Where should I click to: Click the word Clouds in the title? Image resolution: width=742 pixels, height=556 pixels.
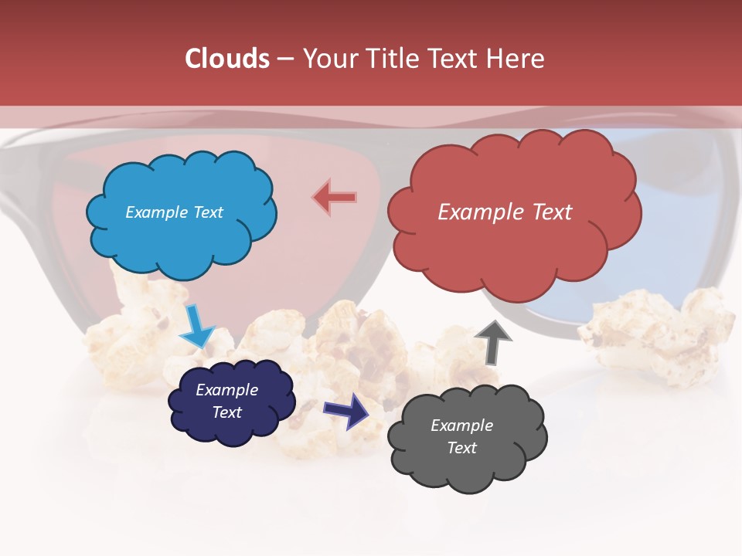tap(227, 59)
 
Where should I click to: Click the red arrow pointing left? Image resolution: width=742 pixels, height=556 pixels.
tap(335, 198)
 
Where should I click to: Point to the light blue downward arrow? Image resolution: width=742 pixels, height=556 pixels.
tap(196, 326)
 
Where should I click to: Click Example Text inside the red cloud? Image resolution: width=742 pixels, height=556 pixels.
tap(505, 212)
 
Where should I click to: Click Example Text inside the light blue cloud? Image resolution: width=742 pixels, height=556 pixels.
tap(174, 212)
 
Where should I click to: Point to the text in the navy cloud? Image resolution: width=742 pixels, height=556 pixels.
tap(226, 401)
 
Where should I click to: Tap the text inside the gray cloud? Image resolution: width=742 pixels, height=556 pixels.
tap(461, 436)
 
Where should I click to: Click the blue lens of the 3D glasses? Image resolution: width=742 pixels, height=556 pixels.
tap(680, 263)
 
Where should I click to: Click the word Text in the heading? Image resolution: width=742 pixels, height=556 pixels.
tap(457, 59)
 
